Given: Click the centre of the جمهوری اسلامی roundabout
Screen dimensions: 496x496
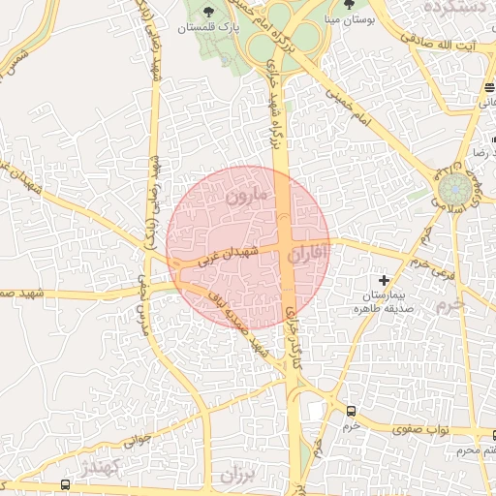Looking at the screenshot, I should (453, 190).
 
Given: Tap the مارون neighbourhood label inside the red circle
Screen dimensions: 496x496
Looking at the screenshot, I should (246, 197).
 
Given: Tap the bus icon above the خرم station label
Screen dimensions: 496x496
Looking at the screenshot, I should (351, 411).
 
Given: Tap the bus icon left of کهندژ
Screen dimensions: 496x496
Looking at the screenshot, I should (65, 484).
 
